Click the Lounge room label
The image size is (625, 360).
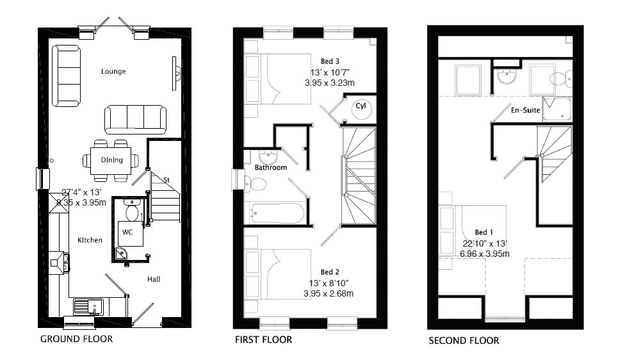pyautogui.click(x=113, y=71)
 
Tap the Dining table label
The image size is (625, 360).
pyautogui.click(x=111, y=160)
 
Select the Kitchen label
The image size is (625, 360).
pyautogui.click(x=90, y=240)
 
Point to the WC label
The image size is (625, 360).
pyautogui.click(x=127, y=232)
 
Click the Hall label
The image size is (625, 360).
pyautogui.click(x=154, y=279)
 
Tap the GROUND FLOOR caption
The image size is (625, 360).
pyautogui.click(x=77, y=339)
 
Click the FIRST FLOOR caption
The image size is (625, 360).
pyautogui.click(x=263, y=340)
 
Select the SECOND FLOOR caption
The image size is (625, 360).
pyautogui.click(x=464, y=341)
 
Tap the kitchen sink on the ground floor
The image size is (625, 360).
pyautogui.click(x=88, y=307)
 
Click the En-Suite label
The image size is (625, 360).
pyautogui.click(x=525, y=110)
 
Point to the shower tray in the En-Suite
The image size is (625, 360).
pyautogui.click(x=557, y=108)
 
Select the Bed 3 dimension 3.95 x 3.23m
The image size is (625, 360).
pyautogui.click(x=330, y=83)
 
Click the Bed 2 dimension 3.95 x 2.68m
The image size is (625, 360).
pyautogui.click(x=329, y=294)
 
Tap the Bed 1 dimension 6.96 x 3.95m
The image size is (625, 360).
pyautogui.click(x=484, y=254)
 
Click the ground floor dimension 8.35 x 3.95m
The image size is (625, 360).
pyautogui.click(x=81, y=202)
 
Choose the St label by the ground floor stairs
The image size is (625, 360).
pyautogui.click(x=166, y=180)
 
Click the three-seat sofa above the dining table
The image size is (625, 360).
pyautogui.click(x=136, y=120)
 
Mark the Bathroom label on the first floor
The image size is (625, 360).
pyautogui.click(x=271, y=167)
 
